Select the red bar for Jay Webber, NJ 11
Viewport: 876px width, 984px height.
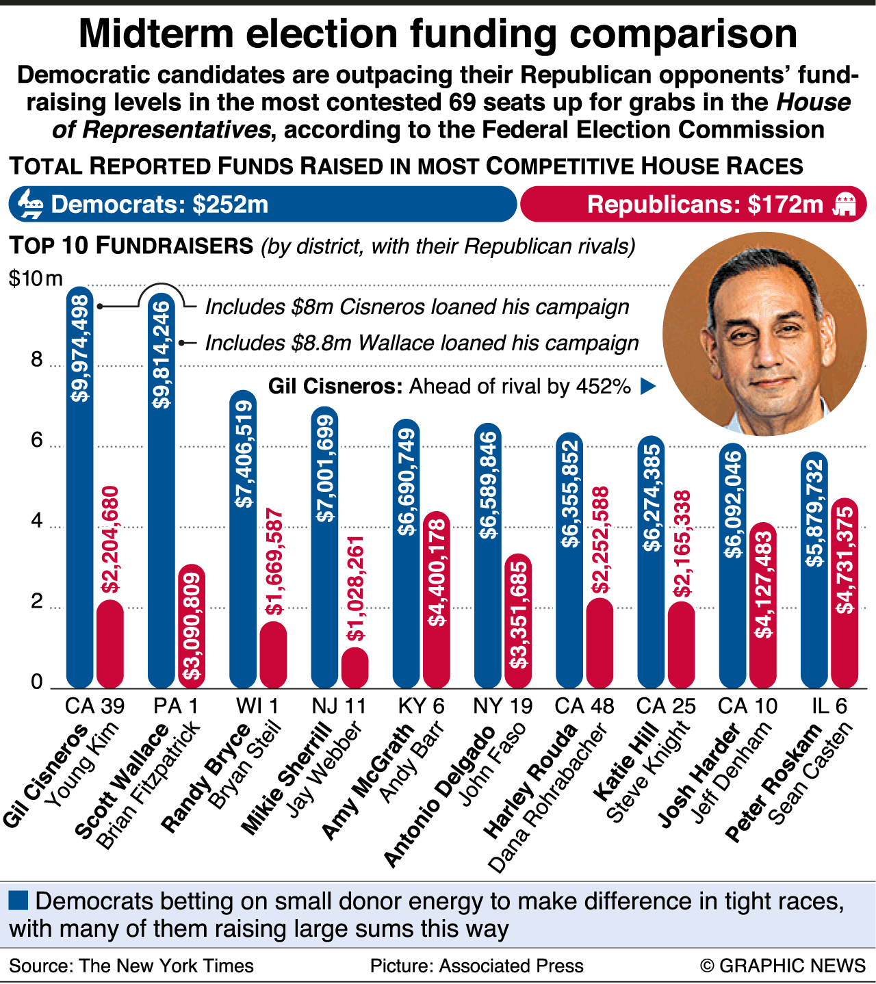[x=355, y=667]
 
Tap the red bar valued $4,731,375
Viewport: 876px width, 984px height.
[x=845, y=595]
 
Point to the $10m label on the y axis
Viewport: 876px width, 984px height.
[x=36, y=279]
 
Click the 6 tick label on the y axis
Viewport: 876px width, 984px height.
[x=37, y=440]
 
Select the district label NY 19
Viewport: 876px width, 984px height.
[x=502, y=705]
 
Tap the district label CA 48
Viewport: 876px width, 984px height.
[x=584, y=705]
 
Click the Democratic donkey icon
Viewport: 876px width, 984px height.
[x=30, y=204]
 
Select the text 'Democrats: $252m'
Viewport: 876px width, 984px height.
[x=159, y=205]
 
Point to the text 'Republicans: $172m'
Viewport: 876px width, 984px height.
[x=705, y=205]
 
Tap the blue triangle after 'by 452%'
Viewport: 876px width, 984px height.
[x=647, y=387]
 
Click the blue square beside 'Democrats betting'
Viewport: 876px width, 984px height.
[x=18, y=900]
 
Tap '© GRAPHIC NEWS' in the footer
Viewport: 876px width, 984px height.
[x=783, y=966]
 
